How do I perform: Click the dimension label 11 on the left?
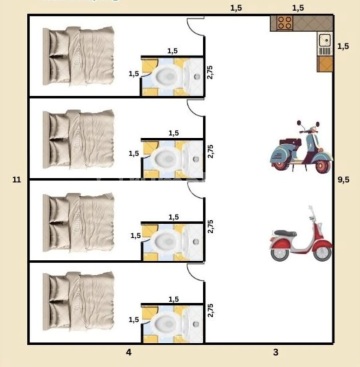point(17,180)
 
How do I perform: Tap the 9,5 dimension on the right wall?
point(344,180)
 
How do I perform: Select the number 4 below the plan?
point(129,352)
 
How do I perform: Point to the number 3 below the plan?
point(276,352)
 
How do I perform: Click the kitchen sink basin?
point(324,41)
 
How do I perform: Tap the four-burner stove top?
point(284,23)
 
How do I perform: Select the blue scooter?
point(301,147)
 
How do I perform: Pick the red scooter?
point(301,234)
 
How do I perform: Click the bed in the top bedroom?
point(79,56)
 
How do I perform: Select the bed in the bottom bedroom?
point(79,302)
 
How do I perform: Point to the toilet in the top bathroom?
point(165,76)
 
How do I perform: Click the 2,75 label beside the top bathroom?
point(210,72)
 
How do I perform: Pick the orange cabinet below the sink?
point(325,64)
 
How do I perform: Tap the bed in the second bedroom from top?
point(79,139)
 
